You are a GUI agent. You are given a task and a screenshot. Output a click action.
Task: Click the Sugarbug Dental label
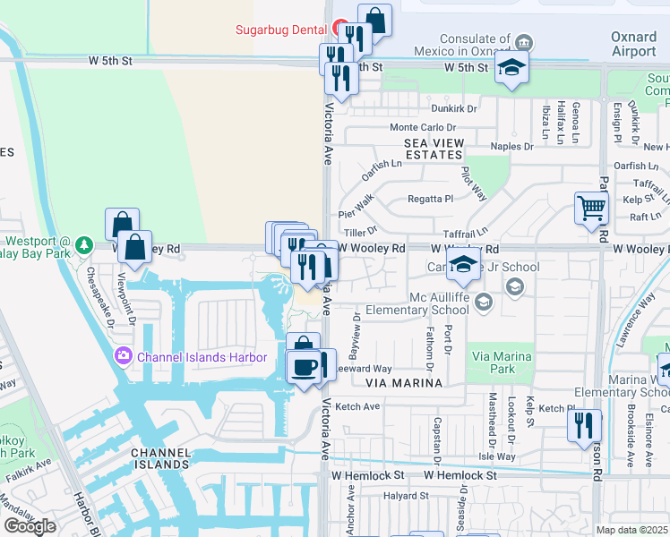280,30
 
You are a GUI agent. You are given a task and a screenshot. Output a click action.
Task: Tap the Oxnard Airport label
633,45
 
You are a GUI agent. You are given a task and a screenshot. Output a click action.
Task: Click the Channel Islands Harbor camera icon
122,357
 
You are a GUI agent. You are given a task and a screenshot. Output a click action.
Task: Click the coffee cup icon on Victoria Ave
304,367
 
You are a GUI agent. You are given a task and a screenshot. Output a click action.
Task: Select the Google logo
30,526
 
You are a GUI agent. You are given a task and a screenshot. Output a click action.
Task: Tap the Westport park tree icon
83,243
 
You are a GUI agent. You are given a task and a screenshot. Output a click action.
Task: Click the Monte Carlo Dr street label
423,128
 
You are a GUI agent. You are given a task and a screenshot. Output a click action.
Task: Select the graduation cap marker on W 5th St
511,67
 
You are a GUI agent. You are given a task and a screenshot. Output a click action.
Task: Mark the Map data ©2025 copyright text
631,529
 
